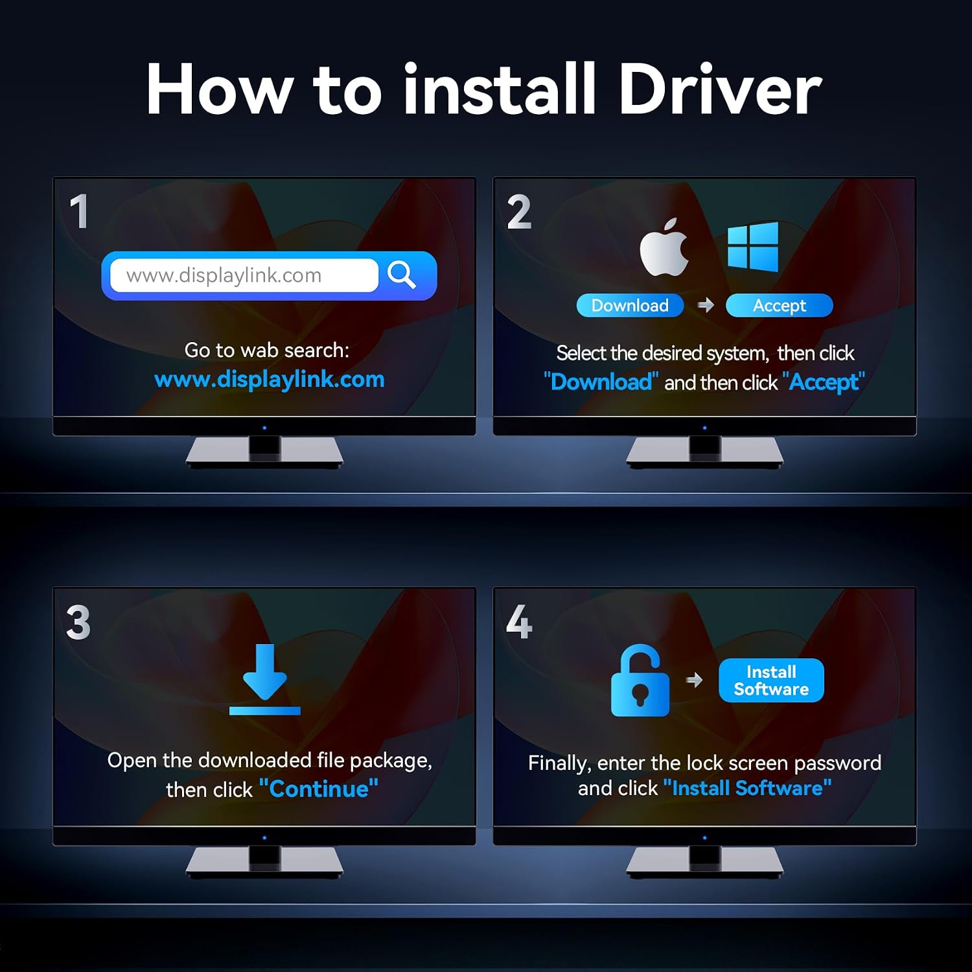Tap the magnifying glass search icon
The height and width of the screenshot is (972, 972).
click(401, 275)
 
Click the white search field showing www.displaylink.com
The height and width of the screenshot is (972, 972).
click(244, 275)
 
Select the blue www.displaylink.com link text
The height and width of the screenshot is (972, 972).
click(270, 379)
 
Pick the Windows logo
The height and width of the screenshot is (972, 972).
click(753, 246)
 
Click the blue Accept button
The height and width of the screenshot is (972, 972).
click(779, 305)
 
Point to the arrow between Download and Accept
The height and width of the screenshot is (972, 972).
click(706, 305)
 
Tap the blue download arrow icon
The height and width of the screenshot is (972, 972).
click(264, 679)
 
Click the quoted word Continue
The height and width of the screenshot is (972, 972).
click(318, 789)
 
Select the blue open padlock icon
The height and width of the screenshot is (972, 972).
click(640, 680)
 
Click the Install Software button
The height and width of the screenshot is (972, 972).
click(771, 680)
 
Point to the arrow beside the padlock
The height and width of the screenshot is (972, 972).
click(694, 680)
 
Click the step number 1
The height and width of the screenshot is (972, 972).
click(79, 211)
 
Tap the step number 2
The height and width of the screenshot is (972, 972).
click(519, 212)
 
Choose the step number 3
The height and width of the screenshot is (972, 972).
click(78, 622)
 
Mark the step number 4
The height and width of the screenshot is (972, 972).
click(519, 622)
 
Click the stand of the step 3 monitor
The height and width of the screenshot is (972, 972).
click(264, 862)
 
